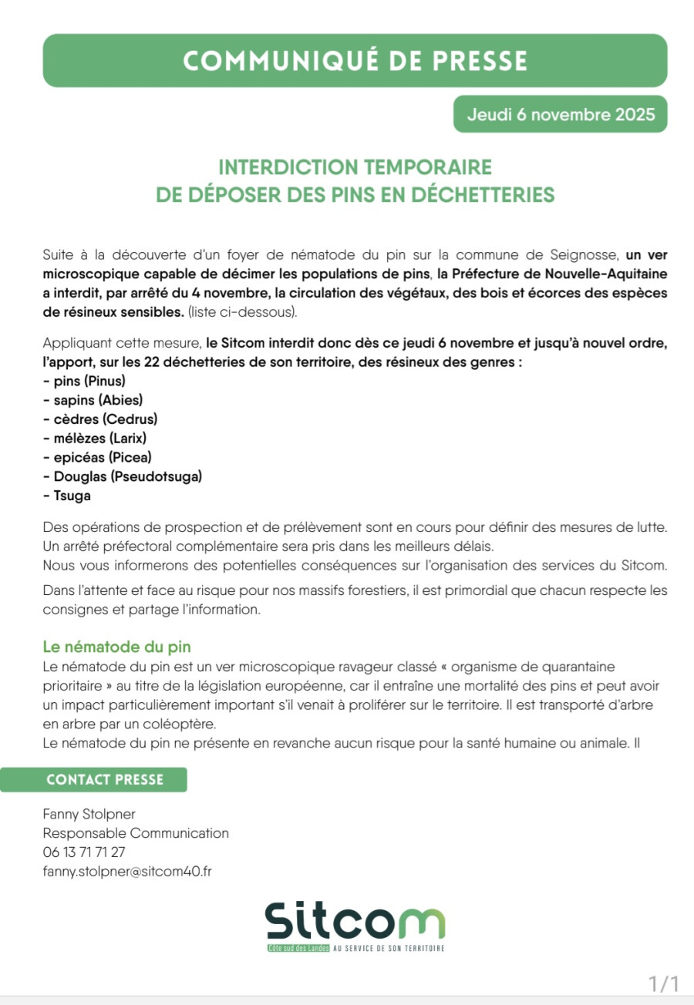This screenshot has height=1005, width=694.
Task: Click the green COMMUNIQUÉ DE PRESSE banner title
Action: [x=355, y=61]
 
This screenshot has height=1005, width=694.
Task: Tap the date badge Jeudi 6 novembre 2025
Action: [x=561, y=115]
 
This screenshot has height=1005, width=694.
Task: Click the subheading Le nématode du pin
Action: [x=116, y=647]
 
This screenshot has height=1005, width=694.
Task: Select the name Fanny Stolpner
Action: [x=89, y=814]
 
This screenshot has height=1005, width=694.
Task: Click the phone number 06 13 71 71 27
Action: [x=84, y=852]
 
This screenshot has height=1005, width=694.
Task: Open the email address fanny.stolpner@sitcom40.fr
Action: [x=127, y=872]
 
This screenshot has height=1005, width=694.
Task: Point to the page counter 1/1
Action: [x=663, y=984]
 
